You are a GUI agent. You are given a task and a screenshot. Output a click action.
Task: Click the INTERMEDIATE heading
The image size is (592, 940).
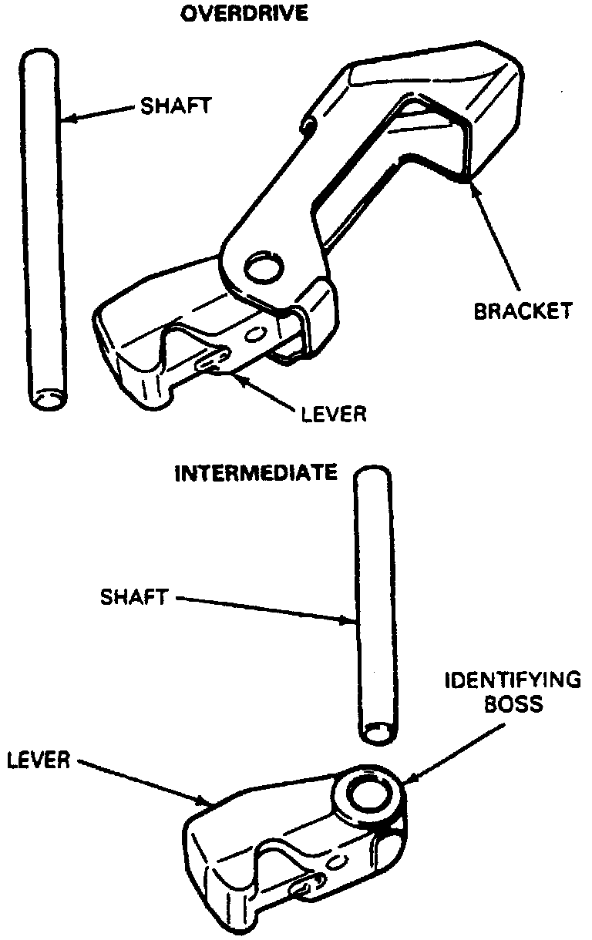[x=256, y=472]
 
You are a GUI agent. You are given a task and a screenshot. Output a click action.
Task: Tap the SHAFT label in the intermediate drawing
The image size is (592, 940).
[x=133, y=596]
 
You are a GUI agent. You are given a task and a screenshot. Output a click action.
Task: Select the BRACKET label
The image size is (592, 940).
[x=523, y=311]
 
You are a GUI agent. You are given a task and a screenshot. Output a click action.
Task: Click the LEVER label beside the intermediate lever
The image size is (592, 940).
[x=39, y=760]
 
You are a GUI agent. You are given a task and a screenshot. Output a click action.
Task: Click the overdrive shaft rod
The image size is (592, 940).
[x=42, y=231]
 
